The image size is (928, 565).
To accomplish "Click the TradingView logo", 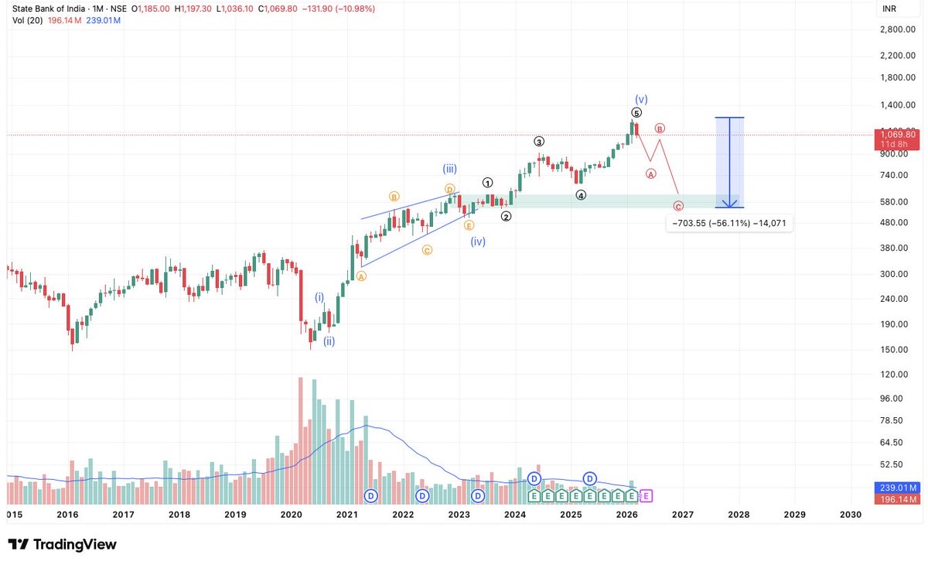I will [62, 545].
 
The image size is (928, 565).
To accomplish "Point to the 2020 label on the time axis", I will [291, 514].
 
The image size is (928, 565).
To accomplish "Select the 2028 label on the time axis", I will [739, 514].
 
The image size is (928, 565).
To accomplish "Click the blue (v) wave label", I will [641, 99].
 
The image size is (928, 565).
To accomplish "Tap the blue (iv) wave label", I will [478, 241].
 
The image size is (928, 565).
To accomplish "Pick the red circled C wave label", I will [678, 206].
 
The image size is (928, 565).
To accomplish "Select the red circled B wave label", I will [660, 128].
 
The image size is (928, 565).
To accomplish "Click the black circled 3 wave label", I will [539, 142].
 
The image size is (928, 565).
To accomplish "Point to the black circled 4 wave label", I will [581, 196].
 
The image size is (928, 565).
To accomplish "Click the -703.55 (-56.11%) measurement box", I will [729, 223].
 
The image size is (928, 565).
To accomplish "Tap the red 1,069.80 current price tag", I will [898, 135].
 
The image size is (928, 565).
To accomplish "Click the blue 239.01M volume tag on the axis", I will [898, 488].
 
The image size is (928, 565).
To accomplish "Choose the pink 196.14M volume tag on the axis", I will [898, 499].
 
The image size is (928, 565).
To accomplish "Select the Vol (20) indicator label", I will [27, 19].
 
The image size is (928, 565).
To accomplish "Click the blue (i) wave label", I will [319, 296].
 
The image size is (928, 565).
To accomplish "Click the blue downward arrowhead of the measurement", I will [729, 204].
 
